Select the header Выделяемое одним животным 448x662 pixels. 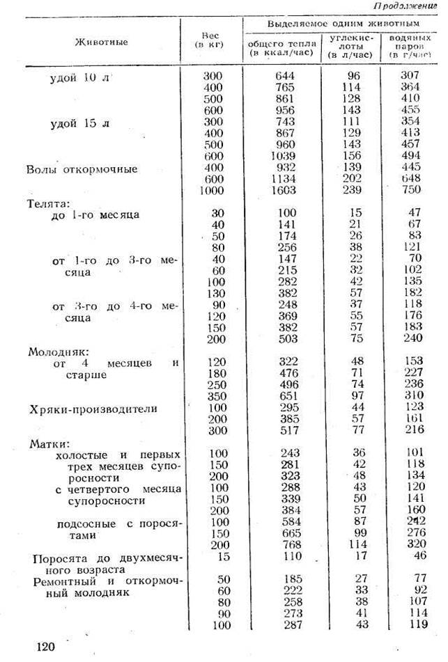[x=337, y=24]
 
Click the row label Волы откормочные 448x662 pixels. [x=82, y=169]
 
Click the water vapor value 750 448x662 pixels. [x=410, y=190]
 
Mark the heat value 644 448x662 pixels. [x=283, y=75]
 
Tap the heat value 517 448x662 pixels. [x=284, y=432]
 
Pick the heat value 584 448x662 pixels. [x=284, y=521]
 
